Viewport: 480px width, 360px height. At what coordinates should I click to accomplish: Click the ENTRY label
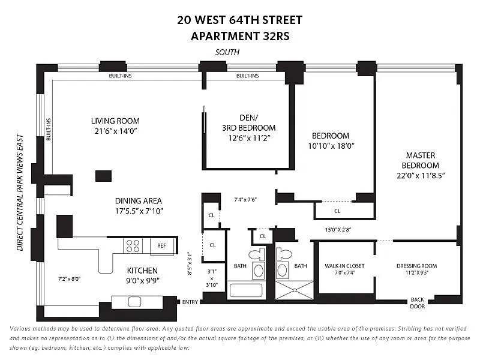[190, 302]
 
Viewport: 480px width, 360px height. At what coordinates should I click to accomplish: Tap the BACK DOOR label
[418, 303]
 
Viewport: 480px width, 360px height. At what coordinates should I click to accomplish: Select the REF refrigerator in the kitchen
[162, 246]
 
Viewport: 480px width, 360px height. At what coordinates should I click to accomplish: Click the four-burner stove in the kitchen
[133, 246]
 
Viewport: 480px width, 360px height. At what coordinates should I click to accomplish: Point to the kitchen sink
[134, 302]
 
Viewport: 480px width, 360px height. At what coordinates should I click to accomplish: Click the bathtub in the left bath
[246, 290]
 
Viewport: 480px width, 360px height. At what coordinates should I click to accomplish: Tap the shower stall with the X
[294, 290]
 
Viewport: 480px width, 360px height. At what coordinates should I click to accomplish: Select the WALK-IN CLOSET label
[344, 266]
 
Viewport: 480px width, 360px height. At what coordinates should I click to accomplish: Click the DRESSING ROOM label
[416, 266]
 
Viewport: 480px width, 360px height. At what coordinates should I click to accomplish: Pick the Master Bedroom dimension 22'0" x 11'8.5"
[421, 176]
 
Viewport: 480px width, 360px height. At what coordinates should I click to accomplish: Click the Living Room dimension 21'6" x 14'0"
[115, 131]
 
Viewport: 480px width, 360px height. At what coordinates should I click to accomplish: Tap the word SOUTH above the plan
[227, 52]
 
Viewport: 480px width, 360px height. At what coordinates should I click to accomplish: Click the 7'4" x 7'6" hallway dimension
[245, 200]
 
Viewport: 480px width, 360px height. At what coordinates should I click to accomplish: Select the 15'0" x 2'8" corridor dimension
[338, 229]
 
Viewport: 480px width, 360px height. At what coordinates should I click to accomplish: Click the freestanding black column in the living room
[103, 176]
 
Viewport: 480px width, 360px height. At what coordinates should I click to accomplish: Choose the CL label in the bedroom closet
[337, 211]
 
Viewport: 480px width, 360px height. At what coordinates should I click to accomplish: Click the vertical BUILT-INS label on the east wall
[49, 130]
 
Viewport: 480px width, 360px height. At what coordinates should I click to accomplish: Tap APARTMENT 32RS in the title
[240, 36]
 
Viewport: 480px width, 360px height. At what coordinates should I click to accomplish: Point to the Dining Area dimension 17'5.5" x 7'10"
[139, 211]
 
